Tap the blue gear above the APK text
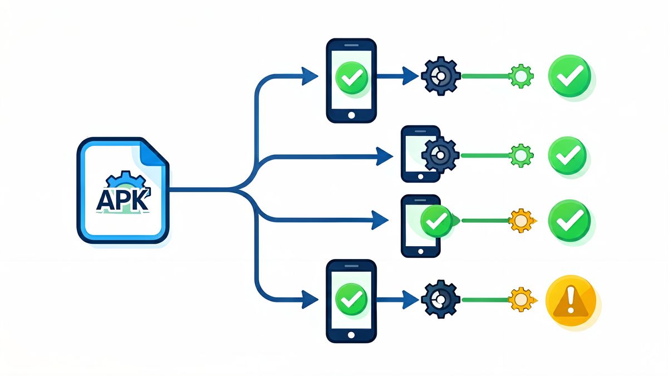pos(126,180)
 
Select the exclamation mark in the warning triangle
pos(571,300)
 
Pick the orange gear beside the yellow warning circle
pos(522,300)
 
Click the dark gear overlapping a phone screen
pos(440,155)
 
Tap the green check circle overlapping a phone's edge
pos(436,221)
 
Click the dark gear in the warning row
pos(441,299)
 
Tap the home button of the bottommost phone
pos(351,335)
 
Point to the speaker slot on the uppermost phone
pos(351,45)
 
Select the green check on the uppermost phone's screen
pos(352,77)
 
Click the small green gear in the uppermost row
pos(521,76)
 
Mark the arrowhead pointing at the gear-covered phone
pos(384,156)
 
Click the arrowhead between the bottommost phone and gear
pos(410,300)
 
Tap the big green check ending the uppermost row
pos(569,76)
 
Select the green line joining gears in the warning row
pos(485,300)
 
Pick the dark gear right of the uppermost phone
pos(441,76)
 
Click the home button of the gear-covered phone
pos(420,177)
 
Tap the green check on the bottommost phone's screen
pos(351,300)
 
